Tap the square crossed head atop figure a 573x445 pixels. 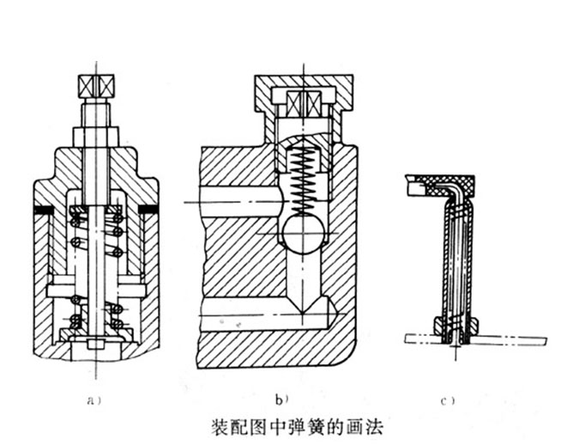click(x=96, y=86)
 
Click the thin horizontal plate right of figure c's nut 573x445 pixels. click(x=515, y=338)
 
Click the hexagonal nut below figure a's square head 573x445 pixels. click(x=96, y=137)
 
